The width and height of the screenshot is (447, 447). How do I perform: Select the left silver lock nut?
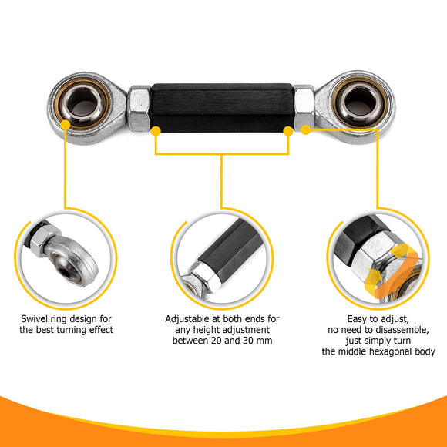139,108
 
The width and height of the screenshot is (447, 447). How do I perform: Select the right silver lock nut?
304,108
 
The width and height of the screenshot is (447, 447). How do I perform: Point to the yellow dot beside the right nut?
304,130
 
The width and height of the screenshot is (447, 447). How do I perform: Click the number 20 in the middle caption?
225,341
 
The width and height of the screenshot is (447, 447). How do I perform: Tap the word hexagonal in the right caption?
388,352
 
